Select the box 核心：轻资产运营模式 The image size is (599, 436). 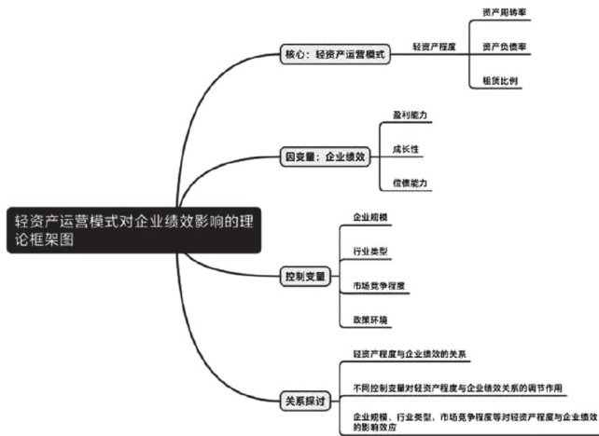click(333, 54)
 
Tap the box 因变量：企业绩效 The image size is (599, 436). click(326, 158)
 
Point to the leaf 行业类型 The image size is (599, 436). click(369, 252)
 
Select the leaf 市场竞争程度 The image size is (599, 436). click(378, 285)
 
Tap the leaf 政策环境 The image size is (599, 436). click(369, 320)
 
